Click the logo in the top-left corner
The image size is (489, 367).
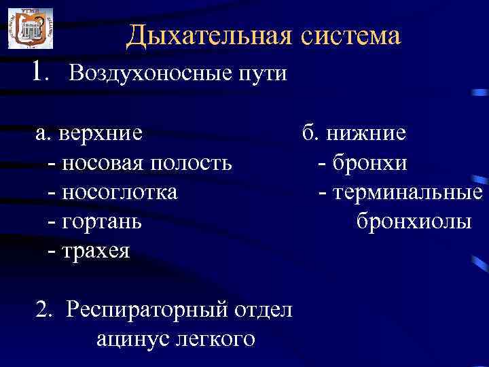click(x=30, y=28)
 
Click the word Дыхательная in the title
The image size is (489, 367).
click(x=209, y=35)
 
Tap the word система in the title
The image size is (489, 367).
click(x=351, y=35)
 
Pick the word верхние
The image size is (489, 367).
click(x=101, y=133)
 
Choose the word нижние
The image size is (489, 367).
click(x=366, y=133)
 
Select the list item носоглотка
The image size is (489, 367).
click(x=120, y=192)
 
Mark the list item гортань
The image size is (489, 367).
click(x=102, y=222)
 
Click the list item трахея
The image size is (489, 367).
click(x=96, y=251)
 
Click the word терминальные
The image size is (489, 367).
click(x=407, y=192)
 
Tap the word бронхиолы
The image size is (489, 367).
click(x=413, y=222)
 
